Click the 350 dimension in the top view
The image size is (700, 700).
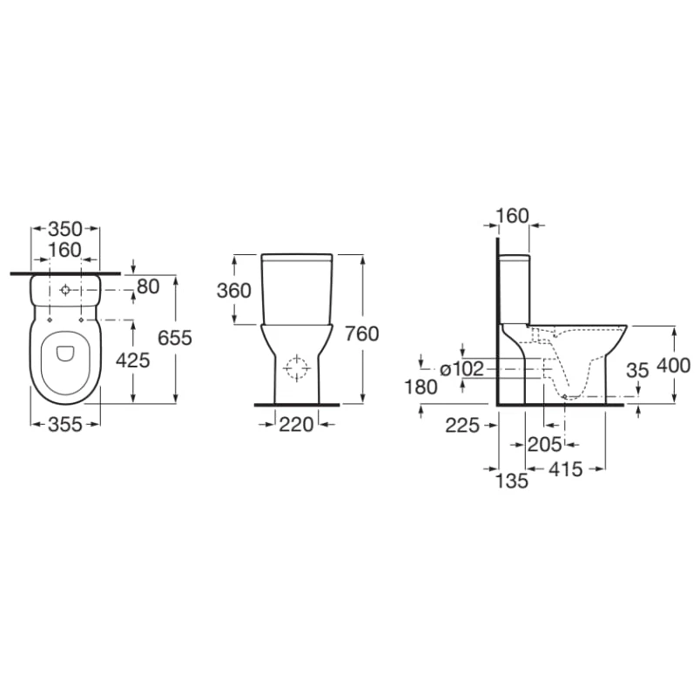[65, 229]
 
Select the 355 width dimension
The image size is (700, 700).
[65, 425]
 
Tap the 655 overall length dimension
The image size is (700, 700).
[175, 338]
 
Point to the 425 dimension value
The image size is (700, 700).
[133, 360]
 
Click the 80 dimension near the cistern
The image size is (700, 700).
[148, 286]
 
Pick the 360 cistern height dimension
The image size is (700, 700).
[234, 291]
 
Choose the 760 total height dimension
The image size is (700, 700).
[361, 334]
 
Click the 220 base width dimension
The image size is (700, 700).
[296, 425]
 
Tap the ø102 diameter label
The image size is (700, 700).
[461, 369]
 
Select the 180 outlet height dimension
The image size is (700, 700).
[421, 387]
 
